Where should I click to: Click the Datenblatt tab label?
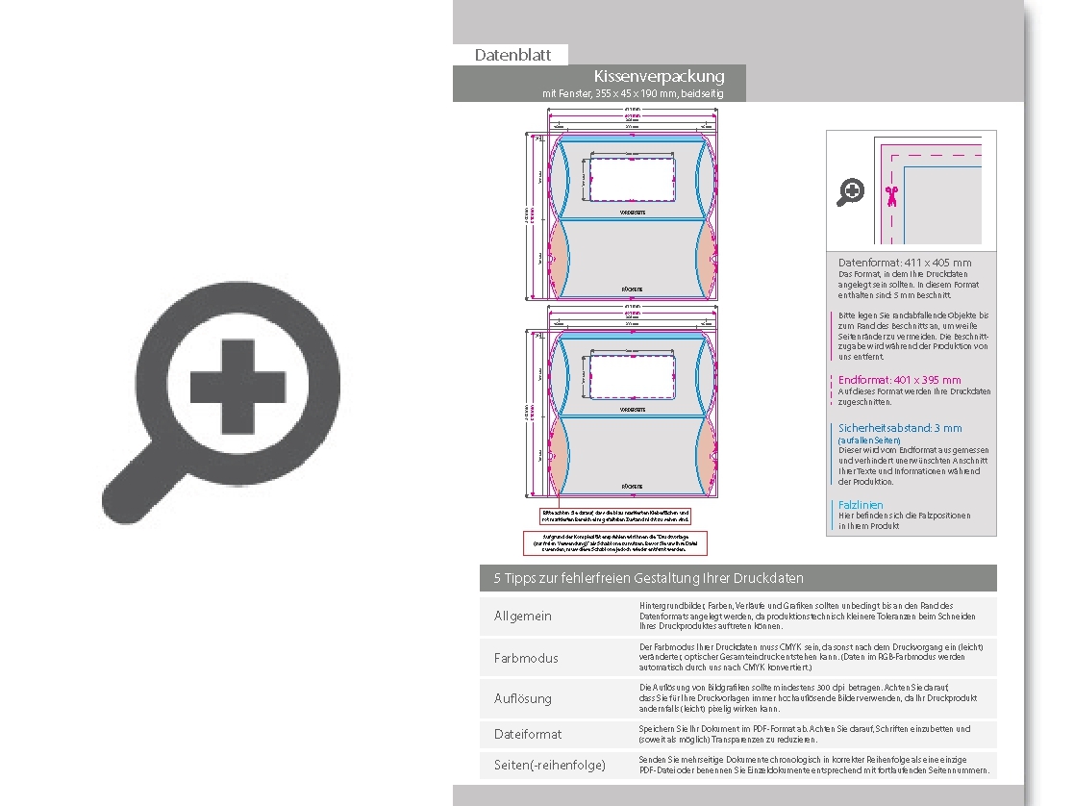(x=512, y=55)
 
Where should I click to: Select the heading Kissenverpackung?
(x=659, y=76)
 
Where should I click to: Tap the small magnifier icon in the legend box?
(x=851, y=192)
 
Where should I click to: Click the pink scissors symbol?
(x=891, y=196)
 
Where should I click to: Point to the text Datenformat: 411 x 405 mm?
(x=904, y=263)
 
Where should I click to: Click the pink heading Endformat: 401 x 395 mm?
(x=899, y=380)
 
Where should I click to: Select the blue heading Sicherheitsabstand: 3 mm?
(x=899, y=428)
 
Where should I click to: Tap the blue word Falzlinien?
(x=861, y=504)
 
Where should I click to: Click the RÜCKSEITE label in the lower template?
(x=632, y=487)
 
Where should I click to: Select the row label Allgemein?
(x=523, y=616)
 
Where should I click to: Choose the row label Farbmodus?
(x=526, y=658)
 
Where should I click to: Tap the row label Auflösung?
(x=523, y=698)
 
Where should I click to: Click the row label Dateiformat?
(x=528, y=734)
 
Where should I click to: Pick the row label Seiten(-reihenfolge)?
(x=550, y=765)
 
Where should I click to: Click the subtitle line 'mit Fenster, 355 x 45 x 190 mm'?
(x=632, y=94)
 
